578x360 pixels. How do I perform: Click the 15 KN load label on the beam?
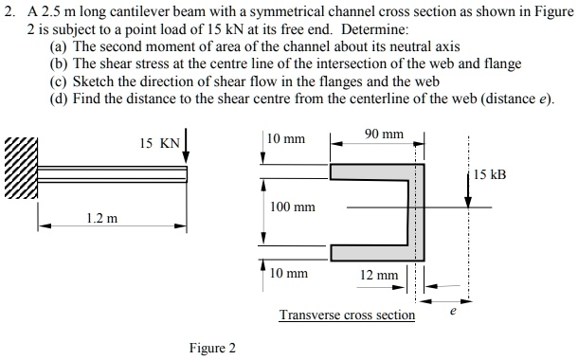click(158, 144)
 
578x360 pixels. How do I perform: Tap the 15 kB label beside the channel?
click(492, 174)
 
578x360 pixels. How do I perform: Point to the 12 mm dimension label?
click(379, 275)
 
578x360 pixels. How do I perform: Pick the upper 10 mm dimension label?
click(286, 139)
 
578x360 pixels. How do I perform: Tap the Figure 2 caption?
click(212, 348)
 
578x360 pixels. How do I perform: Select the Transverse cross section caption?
click(347, 315)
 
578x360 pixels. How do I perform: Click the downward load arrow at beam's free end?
click(188, 148)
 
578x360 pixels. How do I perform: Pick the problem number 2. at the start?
click(9, 9)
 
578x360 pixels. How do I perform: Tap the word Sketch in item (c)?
click(92, 81)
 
